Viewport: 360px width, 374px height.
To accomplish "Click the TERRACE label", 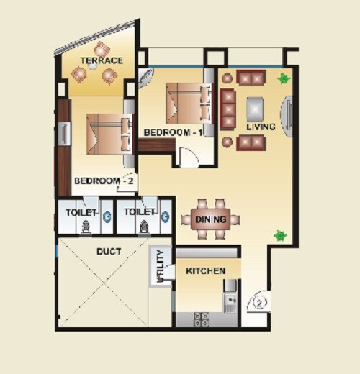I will (102, 61).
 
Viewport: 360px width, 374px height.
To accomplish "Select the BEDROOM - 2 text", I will (104, 181).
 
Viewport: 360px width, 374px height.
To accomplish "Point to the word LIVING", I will (261, 127).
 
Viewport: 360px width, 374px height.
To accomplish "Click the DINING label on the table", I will (210, 219).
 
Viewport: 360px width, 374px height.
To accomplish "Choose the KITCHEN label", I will (206, 271).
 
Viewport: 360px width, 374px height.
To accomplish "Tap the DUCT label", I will (108, 252).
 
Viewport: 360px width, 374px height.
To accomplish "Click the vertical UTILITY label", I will (160, 265).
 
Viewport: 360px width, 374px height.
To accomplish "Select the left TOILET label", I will (81, 213).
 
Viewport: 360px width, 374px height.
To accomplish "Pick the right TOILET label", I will (140, 213).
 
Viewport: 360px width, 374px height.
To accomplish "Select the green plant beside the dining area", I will (280, 235).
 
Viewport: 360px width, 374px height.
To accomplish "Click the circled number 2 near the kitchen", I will (260, 303).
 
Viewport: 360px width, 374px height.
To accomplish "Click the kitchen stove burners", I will (202, 317).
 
